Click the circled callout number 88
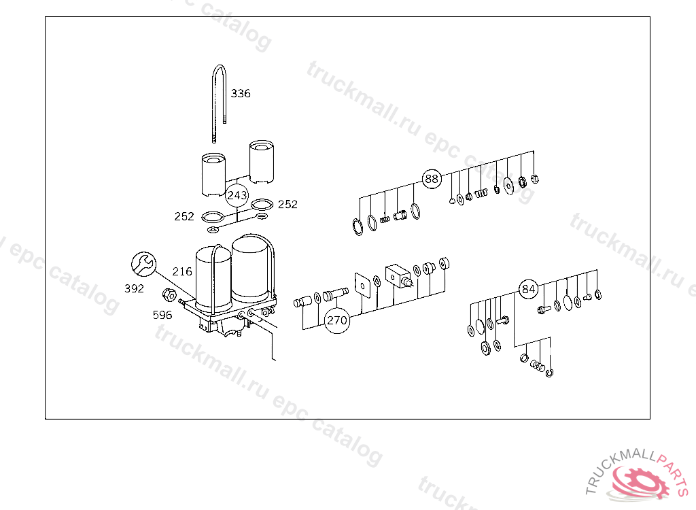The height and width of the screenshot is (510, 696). (x=432, y=179)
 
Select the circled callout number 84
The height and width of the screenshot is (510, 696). (x=528, y=289)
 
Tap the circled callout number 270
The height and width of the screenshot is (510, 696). (x=337, y=320)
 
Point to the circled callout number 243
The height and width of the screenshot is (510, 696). (x=237, y=195)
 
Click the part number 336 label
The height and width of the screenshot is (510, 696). (x=241, y=93)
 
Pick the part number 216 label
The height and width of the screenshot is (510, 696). (x=182, y=271)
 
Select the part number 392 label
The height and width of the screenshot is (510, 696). (x=134, y=289)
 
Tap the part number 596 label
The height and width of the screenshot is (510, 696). (x=162, y=315)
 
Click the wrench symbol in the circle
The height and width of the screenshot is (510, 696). (x=144, y=265)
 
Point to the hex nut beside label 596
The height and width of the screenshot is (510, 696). (x=169, y=294)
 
